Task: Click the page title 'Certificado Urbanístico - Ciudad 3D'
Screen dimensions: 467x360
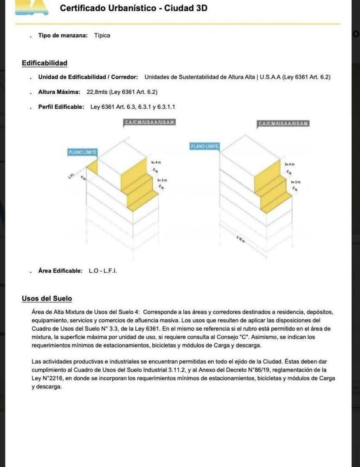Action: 133,8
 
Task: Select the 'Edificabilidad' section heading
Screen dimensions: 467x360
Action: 44,63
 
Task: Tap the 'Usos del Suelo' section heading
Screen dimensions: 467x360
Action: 47,298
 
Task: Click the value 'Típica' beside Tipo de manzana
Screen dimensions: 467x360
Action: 102,36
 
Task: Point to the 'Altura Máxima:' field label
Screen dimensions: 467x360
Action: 59,92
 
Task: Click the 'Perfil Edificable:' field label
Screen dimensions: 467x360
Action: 61,107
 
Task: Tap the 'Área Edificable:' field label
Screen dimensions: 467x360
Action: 60,271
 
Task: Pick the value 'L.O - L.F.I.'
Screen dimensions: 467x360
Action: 103,271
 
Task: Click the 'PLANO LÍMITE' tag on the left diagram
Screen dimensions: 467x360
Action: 82,152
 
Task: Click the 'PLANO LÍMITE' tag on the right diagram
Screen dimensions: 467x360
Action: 205,146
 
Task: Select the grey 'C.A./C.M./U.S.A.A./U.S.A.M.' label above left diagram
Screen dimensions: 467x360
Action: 150,123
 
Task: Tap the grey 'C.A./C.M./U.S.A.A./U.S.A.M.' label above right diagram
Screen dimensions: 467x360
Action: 283,124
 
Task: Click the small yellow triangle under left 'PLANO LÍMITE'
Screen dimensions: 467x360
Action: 92,166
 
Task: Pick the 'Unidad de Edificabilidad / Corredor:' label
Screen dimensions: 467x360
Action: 88,77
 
